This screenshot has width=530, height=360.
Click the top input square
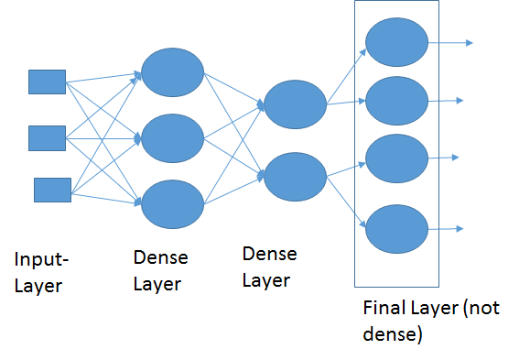pyautogui.click(x=47, y=82)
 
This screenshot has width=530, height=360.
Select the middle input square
pyautogui.click(x=47, y=138)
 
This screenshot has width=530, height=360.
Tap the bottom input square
pyautogui.click(x=52, y=190)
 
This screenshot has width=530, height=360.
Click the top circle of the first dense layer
pyautogui.click(x=172, y=71)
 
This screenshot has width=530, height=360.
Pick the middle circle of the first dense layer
pyautogui.click(x=172, y=137)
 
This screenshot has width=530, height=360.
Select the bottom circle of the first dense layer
pyautogui.click(x=172, y=202)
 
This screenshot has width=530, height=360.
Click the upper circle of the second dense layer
pyautogui.click(x=294, y=104)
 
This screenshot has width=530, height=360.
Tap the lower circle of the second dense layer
pyautogui.click(x=294, y=176)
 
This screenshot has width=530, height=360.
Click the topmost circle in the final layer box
pyautogui.click(x=396, y=41)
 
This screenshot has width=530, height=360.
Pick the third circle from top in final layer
pyautogui.click(x=396, y=158)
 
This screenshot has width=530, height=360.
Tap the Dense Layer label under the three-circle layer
pyautogui.click(x=157, y=272)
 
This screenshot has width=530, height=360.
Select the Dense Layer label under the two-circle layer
pyautogui.click(x=269, y=266)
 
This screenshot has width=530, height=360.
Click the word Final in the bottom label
pyautogui.click(x=383, y=309)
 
